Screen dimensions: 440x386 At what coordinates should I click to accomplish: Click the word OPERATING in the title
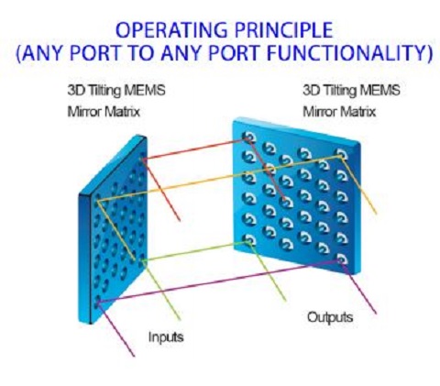pyautogui.click(x=171, y=29)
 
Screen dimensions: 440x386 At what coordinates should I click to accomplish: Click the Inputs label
pyautogui.click(x=166, y=337)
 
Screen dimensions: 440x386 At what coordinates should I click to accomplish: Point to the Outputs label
pyautogui.click(x=330, y=317)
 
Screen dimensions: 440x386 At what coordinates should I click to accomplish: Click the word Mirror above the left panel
pyautogui.click(x=84, y=112)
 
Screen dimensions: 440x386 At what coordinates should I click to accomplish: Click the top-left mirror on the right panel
pyautogui.click(x=249, y=138)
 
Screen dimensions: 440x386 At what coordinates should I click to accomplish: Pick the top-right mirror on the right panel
pyautogui.click(x=342, y=154)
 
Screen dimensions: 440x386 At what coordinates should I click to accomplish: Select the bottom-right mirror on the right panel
pyautogui.click(x=342, y=259)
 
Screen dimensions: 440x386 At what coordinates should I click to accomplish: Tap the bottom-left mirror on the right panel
pyautogui.click(x=249, y=240)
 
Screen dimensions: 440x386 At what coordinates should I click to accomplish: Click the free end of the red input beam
pyautogui.click(x=180, y=220)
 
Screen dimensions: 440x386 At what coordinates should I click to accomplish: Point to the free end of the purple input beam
pyautogui.click(x=134, y=356)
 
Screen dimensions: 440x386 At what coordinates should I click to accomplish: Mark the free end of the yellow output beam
pyautogui.click(x=376, y=214)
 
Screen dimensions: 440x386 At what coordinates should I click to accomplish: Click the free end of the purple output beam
pyautogui.click(x=376, y=314)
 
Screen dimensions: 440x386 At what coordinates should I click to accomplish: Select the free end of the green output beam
pyautogui.click(x=286, y=301)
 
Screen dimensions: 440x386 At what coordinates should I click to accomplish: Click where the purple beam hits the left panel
pyautogui.click(x=97, y=303)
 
